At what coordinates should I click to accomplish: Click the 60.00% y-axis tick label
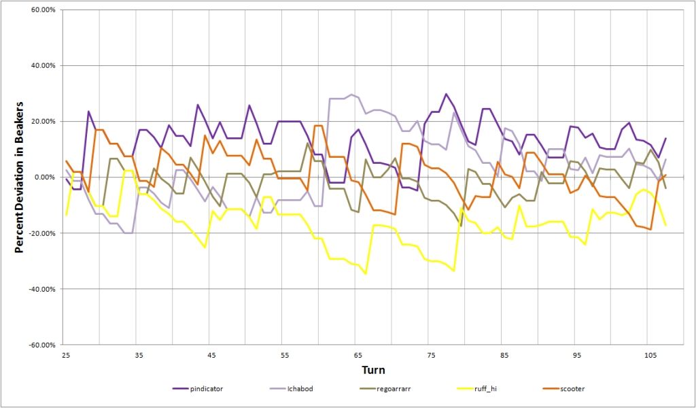click(x=41, y=10)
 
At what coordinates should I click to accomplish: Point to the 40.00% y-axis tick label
click(x=41, y=66)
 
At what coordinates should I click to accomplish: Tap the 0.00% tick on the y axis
click(x=43, y=177)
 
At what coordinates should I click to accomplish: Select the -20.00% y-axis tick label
click(x=39, y=233)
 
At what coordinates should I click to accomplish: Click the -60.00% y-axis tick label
click(x=39, y=345)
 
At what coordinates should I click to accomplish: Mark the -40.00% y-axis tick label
click(x=39, y=289)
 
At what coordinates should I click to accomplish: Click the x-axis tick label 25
click(x=66, y=356)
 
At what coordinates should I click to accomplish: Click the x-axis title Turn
click(x=373, y=371)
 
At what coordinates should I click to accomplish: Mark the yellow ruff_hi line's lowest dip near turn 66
click(x=366, y=273)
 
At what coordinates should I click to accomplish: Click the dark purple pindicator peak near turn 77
click(x=446, y=95)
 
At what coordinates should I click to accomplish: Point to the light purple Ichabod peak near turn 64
click(x=351, y=95)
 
